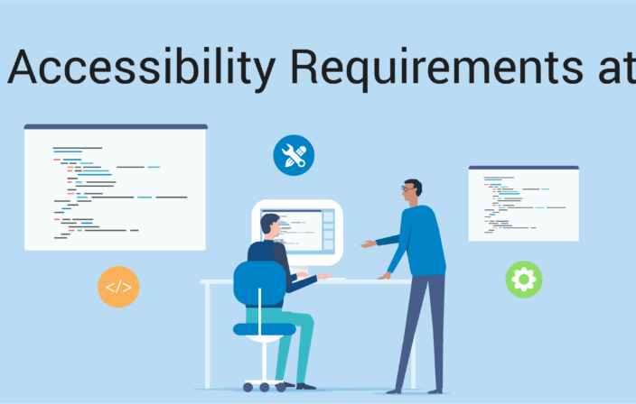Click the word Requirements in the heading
(437, 68)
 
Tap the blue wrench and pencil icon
(294, 155)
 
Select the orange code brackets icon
(118, 287)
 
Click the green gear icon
(524, 280)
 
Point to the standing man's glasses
(407, 188)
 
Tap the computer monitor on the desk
(297, 233)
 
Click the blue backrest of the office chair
(259, 283)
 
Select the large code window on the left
(116, 188)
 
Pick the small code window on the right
(524, 204)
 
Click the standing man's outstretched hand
(369, 244)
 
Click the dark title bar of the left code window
(116, 127)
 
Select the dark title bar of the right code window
(524, 168)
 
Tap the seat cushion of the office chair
(265, 329)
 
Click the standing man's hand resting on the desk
(384, 276)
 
